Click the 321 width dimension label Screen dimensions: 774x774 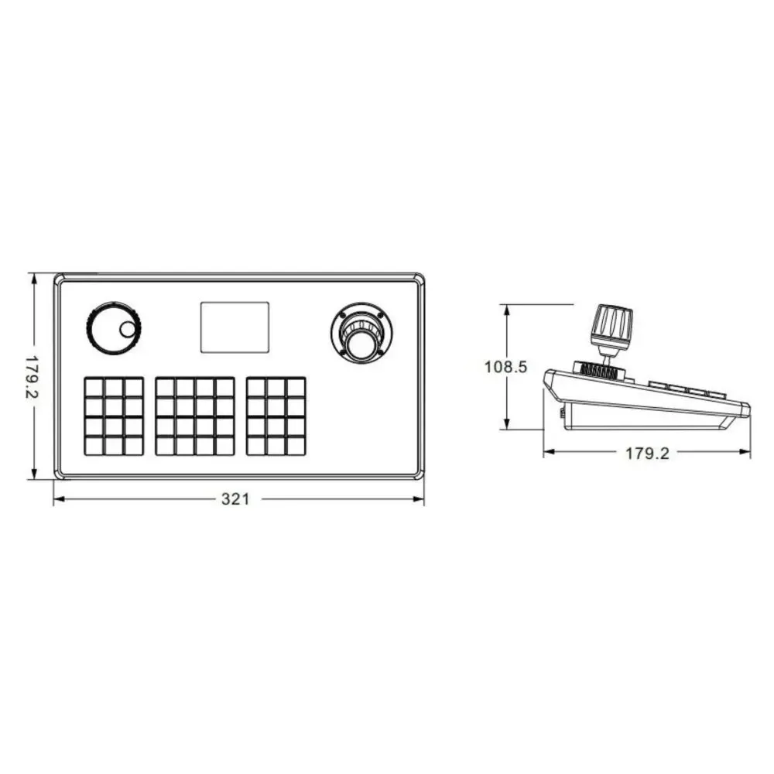pyautogui.click(x=235, y=499)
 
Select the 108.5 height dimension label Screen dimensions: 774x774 pyautogui.click(x=506, y=367)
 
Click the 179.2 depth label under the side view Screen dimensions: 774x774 pyautogui.click(x=648, y=453)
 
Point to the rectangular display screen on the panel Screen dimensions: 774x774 pyautogui.click(x=235, y=327)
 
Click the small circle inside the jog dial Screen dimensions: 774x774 pyautogui.click(x=128, y=329)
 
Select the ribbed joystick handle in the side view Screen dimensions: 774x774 pyautogui.click(x=612, y=326)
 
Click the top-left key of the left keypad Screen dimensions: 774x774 pyautogui.click(x=94, y=388)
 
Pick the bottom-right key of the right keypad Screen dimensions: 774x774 pyautogui.click(x=296, y=447)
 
